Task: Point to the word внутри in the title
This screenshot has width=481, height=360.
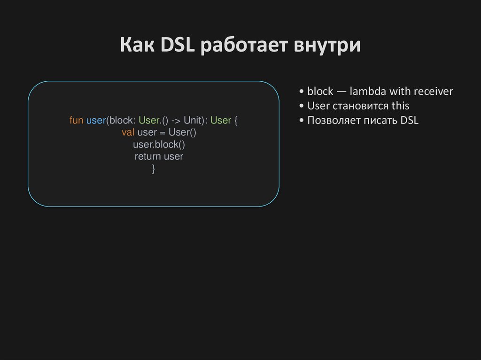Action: point(327,46)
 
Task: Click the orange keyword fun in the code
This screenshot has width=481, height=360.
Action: point(76,121)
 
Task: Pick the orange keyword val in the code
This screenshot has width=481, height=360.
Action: point(128,133)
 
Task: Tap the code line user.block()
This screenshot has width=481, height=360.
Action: point(159,145)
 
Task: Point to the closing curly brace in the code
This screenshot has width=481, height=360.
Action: point(154,169)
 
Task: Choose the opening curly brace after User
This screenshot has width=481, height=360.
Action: point(236,121)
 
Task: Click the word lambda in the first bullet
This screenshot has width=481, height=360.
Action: point(367,92)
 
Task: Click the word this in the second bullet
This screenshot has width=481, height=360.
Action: point(400,106)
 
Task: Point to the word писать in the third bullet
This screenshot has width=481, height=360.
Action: point(381,121)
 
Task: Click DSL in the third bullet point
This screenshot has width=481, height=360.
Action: point(409,121)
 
